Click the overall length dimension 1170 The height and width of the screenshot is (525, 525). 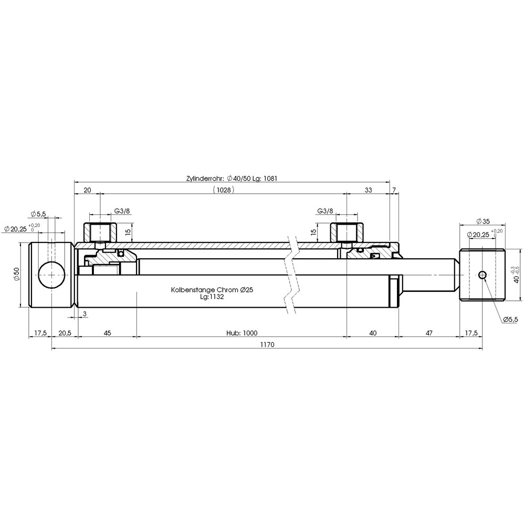[267, 344]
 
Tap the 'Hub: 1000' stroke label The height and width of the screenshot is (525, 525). [241, 333]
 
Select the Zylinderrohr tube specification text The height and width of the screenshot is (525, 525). [232, 178]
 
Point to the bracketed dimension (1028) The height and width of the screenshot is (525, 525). [223, 190]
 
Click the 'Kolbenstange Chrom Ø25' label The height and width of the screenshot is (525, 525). [212, 290]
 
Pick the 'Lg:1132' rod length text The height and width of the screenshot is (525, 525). [212, 297]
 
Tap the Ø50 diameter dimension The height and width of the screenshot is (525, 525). [17, 274]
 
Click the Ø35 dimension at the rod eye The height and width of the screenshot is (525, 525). [482, 221]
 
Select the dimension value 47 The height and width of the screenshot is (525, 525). [429, 333]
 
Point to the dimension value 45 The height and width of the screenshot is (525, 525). [107, 333]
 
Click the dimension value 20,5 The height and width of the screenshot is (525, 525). [65, 333]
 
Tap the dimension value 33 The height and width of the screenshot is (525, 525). [368, 190]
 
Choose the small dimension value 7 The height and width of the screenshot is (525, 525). [394, 190]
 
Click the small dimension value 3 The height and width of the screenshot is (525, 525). [85, 314]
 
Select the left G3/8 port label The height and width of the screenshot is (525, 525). [122, 211]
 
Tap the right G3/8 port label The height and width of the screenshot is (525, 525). [325, 211]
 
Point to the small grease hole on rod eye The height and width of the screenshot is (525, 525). [482, 275]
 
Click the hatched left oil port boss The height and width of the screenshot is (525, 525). [100, 233]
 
